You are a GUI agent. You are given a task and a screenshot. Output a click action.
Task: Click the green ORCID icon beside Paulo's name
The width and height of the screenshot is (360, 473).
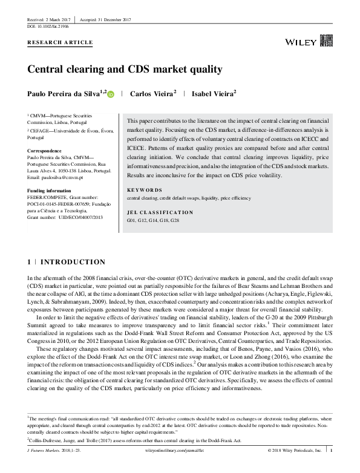pyautogui.click(x=110, y=94)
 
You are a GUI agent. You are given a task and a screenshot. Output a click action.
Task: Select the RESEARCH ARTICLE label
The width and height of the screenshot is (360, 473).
pyautogui.click(x=61, y=42)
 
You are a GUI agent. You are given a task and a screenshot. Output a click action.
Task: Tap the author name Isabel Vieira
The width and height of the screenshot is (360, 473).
pyautogui.click(x=212, y=94)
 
